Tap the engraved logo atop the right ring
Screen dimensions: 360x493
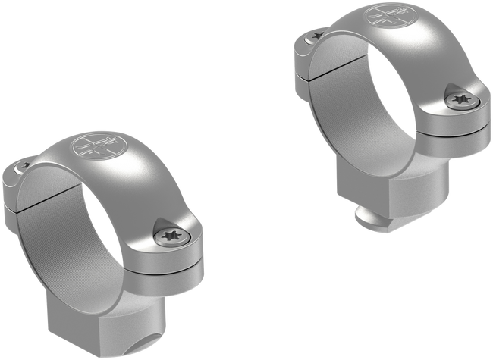click(392, 17)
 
